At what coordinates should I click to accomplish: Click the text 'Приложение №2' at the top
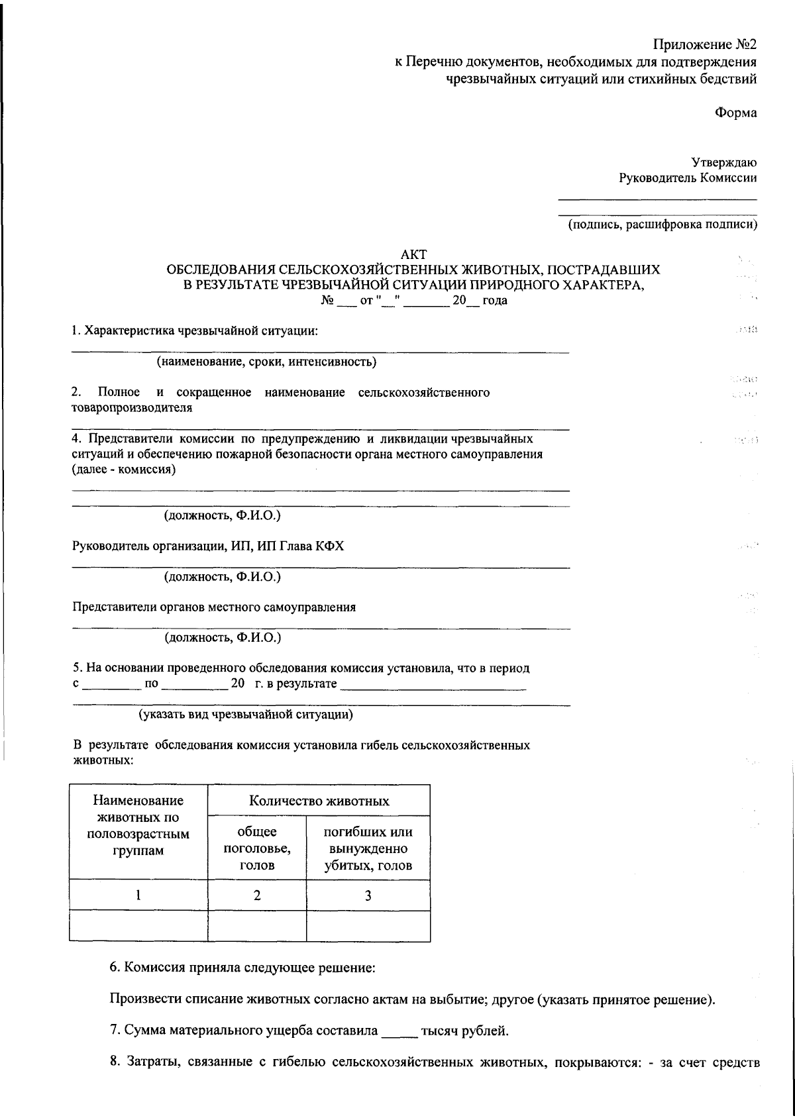(x=704, y=45)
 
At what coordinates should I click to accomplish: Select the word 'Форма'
(x=735, y=113)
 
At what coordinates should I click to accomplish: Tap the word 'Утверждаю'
(x=724, y=162)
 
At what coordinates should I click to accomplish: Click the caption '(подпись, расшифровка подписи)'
(x=662, y=225)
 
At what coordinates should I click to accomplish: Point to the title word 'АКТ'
(x=415, y=254)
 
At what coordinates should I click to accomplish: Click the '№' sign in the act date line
(x=326, y=301)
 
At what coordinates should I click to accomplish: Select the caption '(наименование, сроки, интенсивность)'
(x=266, y=362)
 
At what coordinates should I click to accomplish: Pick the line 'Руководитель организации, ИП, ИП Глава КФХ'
(x=208, y=546)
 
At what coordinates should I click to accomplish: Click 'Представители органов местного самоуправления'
(x=214, y=607)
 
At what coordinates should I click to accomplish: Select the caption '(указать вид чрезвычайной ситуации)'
(x=245, y=715)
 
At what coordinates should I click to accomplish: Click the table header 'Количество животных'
(x=319, y=801)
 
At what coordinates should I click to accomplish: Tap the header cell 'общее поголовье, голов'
(x=257, y=848)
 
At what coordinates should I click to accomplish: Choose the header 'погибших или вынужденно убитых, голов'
(x=368, y=848)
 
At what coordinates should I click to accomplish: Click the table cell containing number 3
(x=368, y=895)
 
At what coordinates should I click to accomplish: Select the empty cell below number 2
(x=257, y=927)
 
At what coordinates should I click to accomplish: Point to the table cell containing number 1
(x=138, y=895)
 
